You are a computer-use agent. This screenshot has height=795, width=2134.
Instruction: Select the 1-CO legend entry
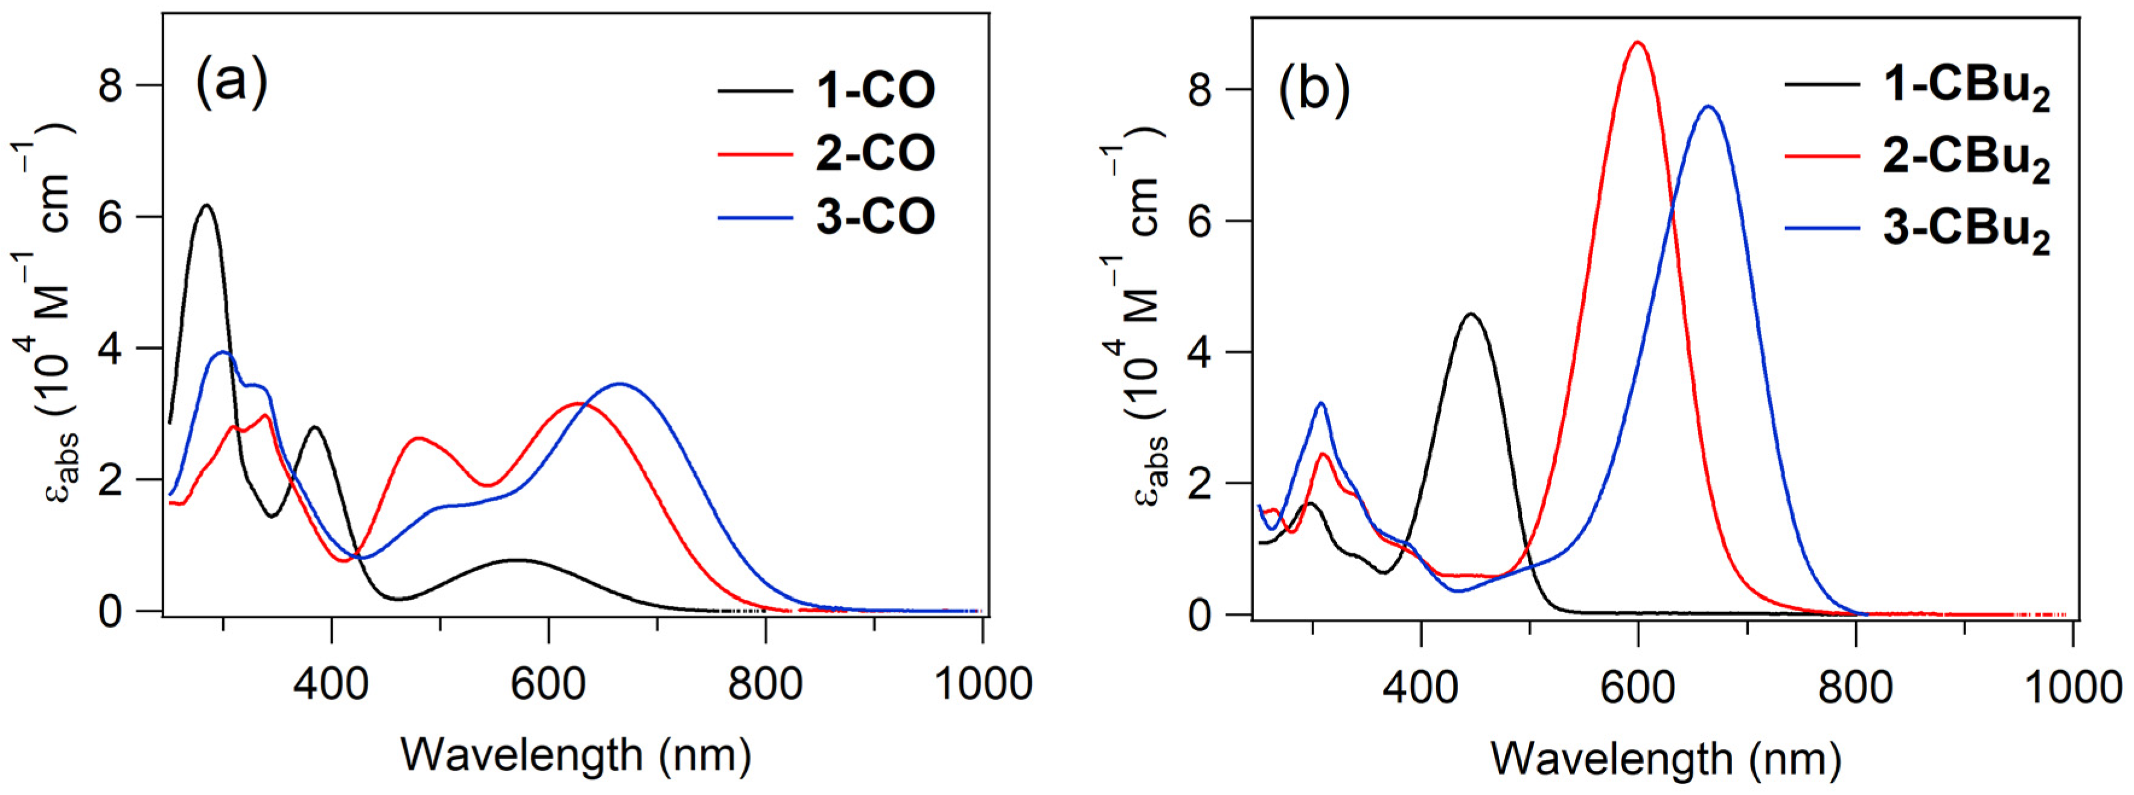[875, 89]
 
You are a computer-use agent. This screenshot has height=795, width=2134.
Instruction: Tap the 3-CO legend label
[875, 216]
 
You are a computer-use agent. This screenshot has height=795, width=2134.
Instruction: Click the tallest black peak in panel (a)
[206, 205]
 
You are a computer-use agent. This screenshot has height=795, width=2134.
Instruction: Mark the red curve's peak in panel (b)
[1637, 42]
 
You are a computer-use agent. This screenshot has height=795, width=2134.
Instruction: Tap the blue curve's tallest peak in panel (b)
[1708, 107]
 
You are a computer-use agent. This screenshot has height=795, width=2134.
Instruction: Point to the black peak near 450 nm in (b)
[1471, 314]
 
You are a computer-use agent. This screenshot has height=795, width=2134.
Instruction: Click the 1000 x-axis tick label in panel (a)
[983, 684]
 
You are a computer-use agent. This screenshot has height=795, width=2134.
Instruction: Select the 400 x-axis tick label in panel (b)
[1420, 688]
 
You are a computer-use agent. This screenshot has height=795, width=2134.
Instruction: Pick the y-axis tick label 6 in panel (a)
[111, 217]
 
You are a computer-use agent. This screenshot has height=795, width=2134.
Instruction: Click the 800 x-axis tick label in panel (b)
[1855, 688]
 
